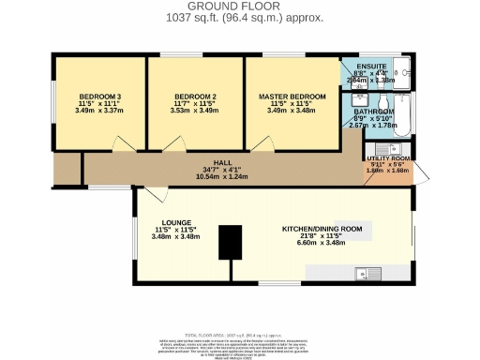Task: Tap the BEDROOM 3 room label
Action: (x=98, y=97)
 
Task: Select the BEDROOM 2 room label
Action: (x=196, y=97)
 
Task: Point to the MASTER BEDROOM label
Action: (x=292, y=97)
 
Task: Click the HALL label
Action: (x=221, y=162)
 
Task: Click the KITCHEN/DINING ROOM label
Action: (x=322, y=229)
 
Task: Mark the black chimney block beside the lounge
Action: (x=226, y=242)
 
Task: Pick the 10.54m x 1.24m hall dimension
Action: (x=221, y=176)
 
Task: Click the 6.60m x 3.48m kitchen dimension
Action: (x=322, y=243)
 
